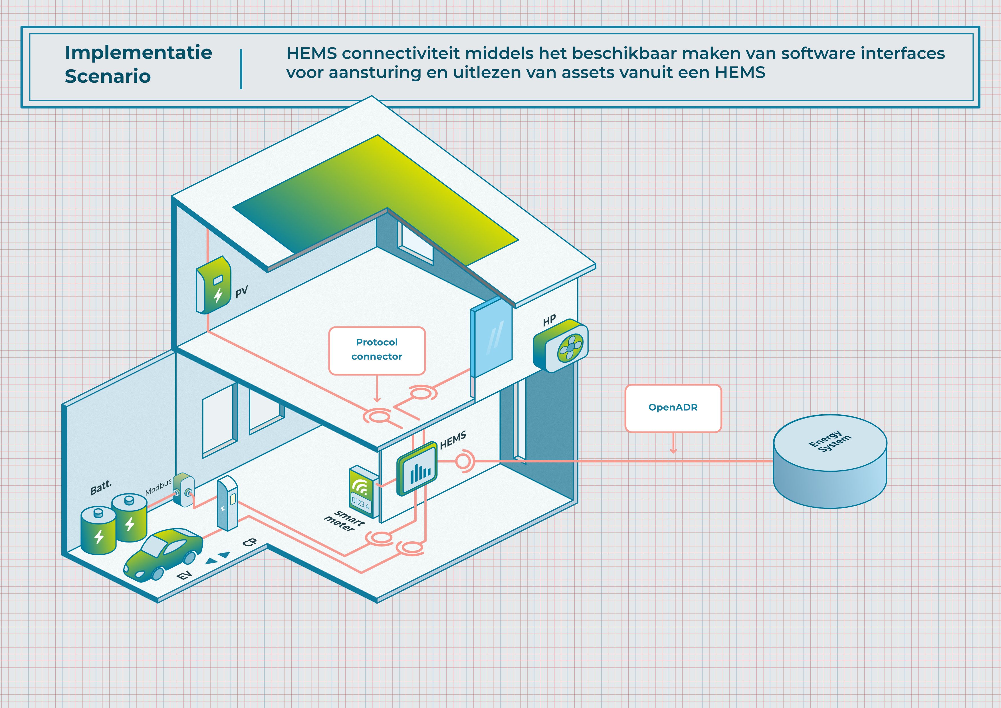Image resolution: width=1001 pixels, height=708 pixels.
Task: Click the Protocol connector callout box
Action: [377, 350]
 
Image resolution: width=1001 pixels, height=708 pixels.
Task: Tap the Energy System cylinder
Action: [830, 462]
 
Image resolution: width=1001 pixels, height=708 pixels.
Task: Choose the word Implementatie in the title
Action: [138, 53]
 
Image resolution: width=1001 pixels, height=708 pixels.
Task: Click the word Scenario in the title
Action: [108, 76]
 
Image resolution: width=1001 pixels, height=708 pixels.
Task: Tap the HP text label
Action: [549, 320]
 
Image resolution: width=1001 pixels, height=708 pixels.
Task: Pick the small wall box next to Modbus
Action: [183, 490]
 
